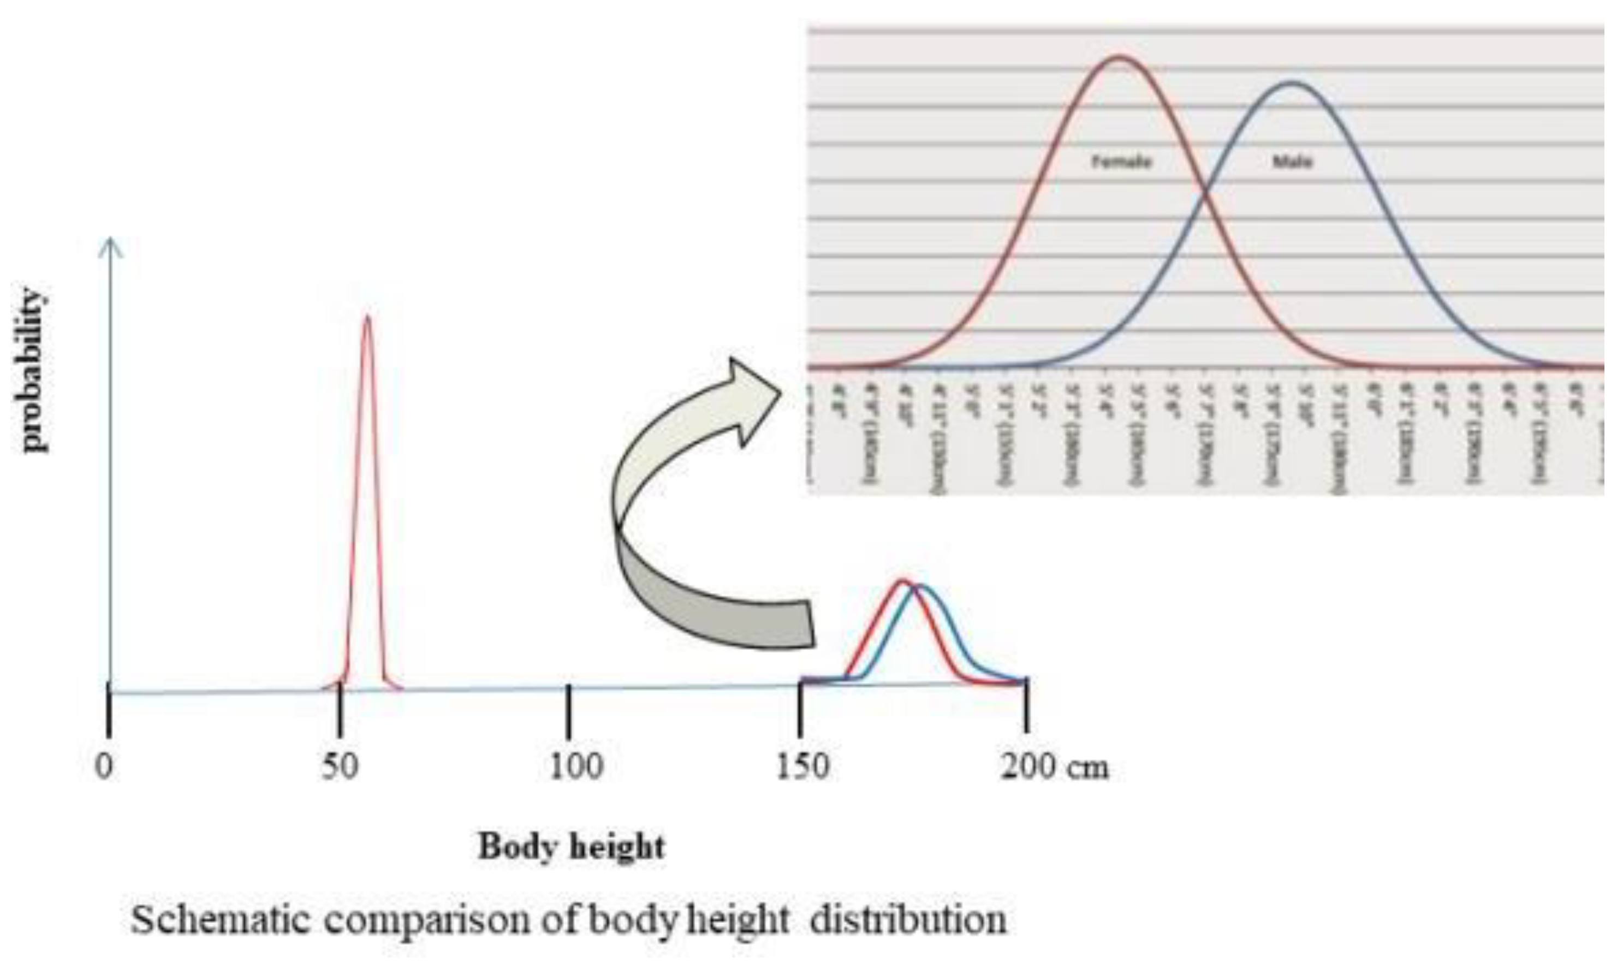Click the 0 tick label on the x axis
(x=104, y=767)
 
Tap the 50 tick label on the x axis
(x=340, y=767)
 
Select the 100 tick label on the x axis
(x=575, y=767)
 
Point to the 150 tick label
(x=802, y=767)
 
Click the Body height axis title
(x=572, y=847)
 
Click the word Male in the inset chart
(x=1292, y=162)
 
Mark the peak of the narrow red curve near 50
(x=367, y=317)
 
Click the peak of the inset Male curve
(x=1292, y=83)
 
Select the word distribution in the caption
(x=908, y=920)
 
